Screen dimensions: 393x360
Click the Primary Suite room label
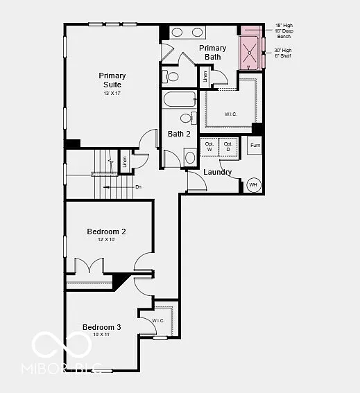point(112,80)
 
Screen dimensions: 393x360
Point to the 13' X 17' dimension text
point(112,93)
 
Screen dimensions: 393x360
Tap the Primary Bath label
point(212,52)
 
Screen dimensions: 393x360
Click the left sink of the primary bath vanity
point(177,32)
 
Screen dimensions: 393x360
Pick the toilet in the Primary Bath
point(171,76)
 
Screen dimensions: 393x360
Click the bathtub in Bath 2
point(180,101)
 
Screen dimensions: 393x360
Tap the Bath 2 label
point(179,134)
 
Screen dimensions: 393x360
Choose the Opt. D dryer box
point(228,146)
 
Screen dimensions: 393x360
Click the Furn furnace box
point(255,146)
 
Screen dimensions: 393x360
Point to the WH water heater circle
point(253,185)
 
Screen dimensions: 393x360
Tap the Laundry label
point(217,172)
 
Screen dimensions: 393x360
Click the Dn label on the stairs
point(138,186)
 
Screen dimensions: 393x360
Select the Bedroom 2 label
point(106,232)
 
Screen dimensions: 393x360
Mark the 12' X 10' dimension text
point(106,240)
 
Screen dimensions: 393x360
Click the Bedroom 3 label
point(102,327)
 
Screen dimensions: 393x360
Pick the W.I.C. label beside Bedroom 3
point(157,321)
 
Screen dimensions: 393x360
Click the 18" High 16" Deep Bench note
point(284,30)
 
